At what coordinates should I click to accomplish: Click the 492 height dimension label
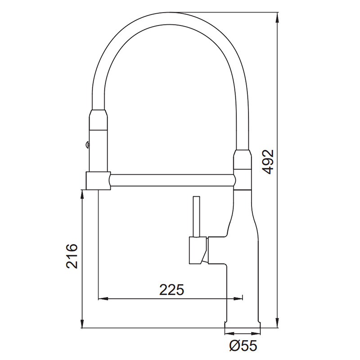268,162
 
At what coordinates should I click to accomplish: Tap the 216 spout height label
72,256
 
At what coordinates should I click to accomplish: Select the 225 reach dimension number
172,290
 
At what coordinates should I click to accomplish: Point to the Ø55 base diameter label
243,345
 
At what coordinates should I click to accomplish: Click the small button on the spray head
87,144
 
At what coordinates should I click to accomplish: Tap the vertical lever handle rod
197,216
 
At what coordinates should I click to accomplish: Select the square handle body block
198,250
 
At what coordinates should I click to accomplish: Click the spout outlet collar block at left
98,181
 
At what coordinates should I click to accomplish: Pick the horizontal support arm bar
172,180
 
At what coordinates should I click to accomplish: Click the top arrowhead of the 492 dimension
278,17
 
